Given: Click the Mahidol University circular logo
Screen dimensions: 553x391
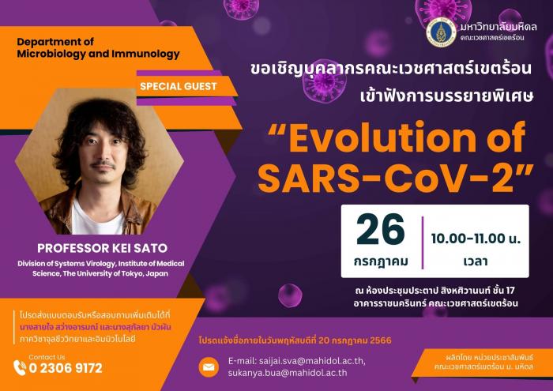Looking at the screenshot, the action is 441,32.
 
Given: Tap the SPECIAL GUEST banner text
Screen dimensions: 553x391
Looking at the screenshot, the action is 178,86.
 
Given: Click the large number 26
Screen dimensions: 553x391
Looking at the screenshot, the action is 381,230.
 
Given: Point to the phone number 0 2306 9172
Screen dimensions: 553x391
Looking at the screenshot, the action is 66,368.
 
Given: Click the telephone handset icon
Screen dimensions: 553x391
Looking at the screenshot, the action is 20,367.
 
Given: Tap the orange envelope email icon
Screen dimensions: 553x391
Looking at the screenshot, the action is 209,367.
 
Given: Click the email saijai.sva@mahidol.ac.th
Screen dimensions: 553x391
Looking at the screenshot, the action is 296,361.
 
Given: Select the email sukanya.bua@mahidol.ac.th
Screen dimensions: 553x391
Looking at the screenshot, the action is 288,373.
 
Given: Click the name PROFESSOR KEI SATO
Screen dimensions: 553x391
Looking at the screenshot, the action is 102,248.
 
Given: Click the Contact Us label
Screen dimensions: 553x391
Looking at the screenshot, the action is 47,357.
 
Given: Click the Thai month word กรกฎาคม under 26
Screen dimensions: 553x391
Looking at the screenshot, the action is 381,262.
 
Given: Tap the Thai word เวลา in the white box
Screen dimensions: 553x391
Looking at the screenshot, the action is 476,261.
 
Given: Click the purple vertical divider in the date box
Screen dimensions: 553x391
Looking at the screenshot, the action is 423,243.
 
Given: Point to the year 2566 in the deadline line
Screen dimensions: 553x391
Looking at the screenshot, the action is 381,340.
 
